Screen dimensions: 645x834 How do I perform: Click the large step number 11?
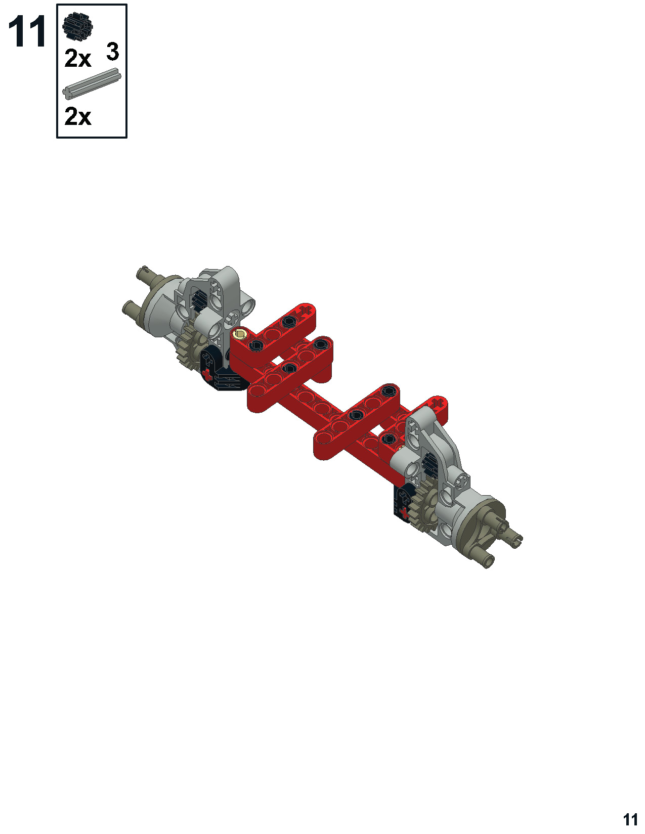tap(27, 32)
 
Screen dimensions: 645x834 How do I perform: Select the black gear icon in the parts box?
tap(78, 26)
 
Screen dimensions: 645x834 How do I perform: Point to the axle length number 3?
tap(112, 52)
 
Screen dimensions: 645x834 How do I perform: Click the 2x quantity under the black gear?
tap(78, 59)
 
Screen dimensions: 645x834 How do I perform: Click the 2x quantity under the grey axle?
tap(78, 117)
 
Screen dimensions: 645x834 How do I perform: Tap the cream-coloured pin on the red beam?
tap(241, 334)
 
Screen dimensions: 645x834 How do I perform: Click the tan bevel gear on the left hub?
tap(190, 348)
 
